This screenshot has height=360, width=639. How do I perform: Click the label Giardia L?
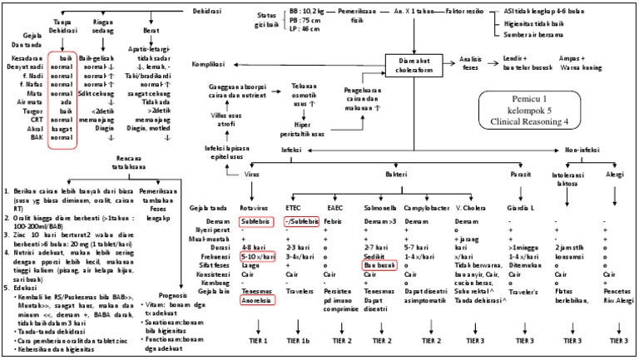coord(521,206)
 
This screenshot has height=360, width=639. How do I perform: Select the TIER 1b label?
coord(301,341)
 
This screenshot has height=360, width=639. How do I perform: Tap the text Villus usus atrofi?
coord(222,121)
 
